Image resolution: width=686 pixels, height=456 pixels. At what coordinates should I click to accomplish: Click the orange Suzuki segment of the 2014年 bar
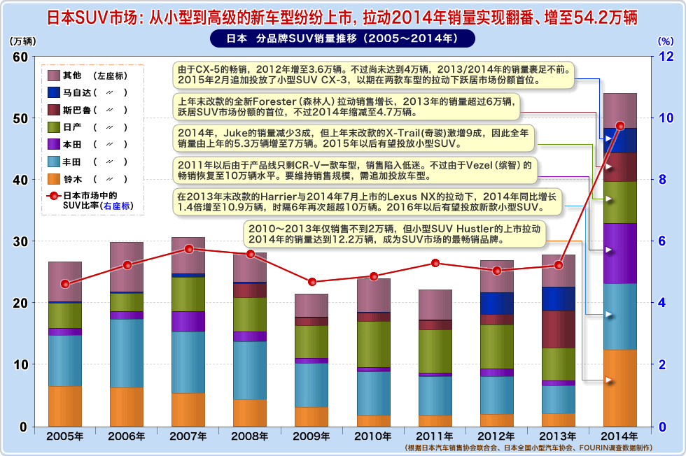coord(619,387)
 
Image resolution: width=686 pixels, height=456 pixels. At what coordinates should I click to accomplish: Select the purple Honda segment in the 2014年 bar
coord(619,253)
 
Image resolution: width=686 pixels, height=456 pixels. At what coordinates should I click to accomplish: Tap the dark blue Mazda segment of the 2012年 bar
coord(497,303)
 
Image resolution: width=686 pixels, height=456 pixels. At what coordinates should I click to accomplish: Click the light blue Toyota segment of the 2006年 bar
coord(127,352)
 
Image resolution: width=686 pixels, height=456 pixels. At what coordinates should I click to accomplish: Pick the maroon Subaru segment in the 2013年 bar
coord(558,329)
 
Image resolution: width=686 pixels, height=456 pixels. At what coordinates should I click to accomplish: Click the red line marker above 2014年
coord(620,126)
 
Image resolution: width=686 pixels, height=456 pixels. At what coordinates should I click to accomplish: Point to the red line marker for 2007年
coord(188,249)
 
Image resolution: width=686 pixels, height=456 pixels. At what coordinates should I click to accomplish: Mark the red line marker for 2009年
coord(311,282)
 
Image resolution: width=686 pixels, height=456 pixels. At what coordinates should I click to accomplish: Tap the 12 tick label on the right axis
coord(668,56)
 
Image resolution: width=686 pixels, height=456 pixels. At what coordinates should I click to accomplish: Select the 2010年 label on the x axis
coord(373,436)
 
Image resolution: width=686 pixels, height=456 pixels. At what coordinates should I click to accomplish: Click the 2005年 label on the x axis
coord(65,436)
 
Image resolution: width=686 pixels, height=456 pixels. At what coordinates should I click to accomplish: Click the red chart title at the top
coord(343,16)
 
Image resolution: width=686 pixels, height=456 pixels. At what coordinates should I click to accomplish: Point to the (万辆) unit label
coord(22,41)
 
